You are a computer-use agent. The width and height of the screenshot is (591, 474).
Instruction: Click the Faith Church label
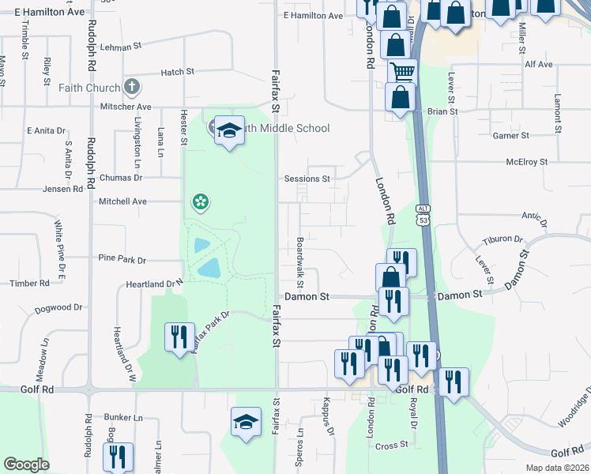[87, 88]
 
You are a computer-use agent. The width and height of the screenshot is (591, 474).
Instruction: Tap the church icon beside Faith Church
[132, 87]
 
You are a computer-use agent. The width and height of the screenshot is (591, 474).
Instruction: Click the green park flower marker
[201, 203]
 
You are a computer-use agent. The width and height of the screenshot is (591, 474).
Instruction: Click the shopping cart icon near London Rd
[403, 73]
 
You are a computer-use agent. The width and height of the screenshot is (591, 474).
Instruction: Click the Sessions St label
[307, 179]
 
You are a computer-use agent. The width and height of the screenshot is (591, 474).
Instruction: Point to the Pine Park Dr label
[122, 259]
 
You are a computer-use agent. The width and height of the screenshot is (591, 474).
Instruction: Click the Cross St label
[392, 445]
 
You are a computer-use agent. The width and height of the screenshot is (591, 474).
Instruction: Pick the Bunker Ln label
[122, 417]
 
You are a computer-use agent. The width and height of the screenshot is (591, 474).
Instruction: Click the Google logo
[26, 465]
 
